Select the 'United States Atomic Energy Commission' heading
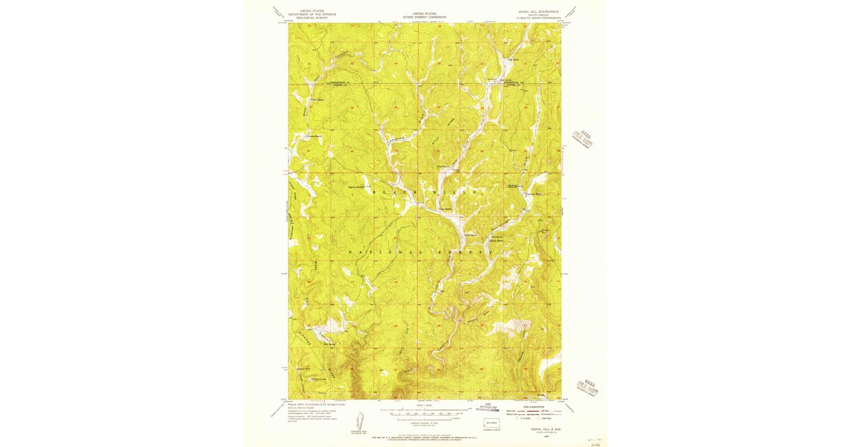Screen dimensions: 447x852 425,15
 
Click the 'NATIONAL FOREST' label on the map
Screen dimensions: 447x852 422,251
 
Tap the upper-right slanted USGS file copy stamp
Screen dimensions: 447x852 581,140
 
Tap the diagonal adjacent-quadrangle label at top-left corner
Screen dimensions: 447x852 276,12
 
